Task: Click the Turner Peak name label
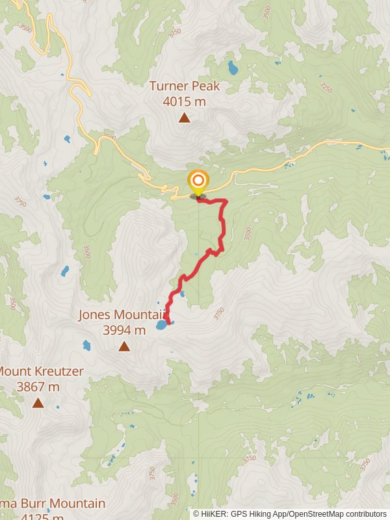[185, 86]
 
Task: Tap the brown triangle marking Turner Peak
[185, 118]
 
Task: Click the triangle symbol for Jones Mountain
[124, 346]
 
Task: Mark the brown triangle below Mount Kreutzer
[38, 403]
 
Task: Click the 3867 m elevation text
[38, 387]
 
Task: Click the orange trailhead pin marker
[198, 180]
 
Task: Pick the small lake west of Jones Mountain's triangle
[86, 344]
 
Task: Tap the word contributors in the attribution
[366, 514]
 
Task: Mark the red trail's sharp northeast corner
[226, 201]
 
